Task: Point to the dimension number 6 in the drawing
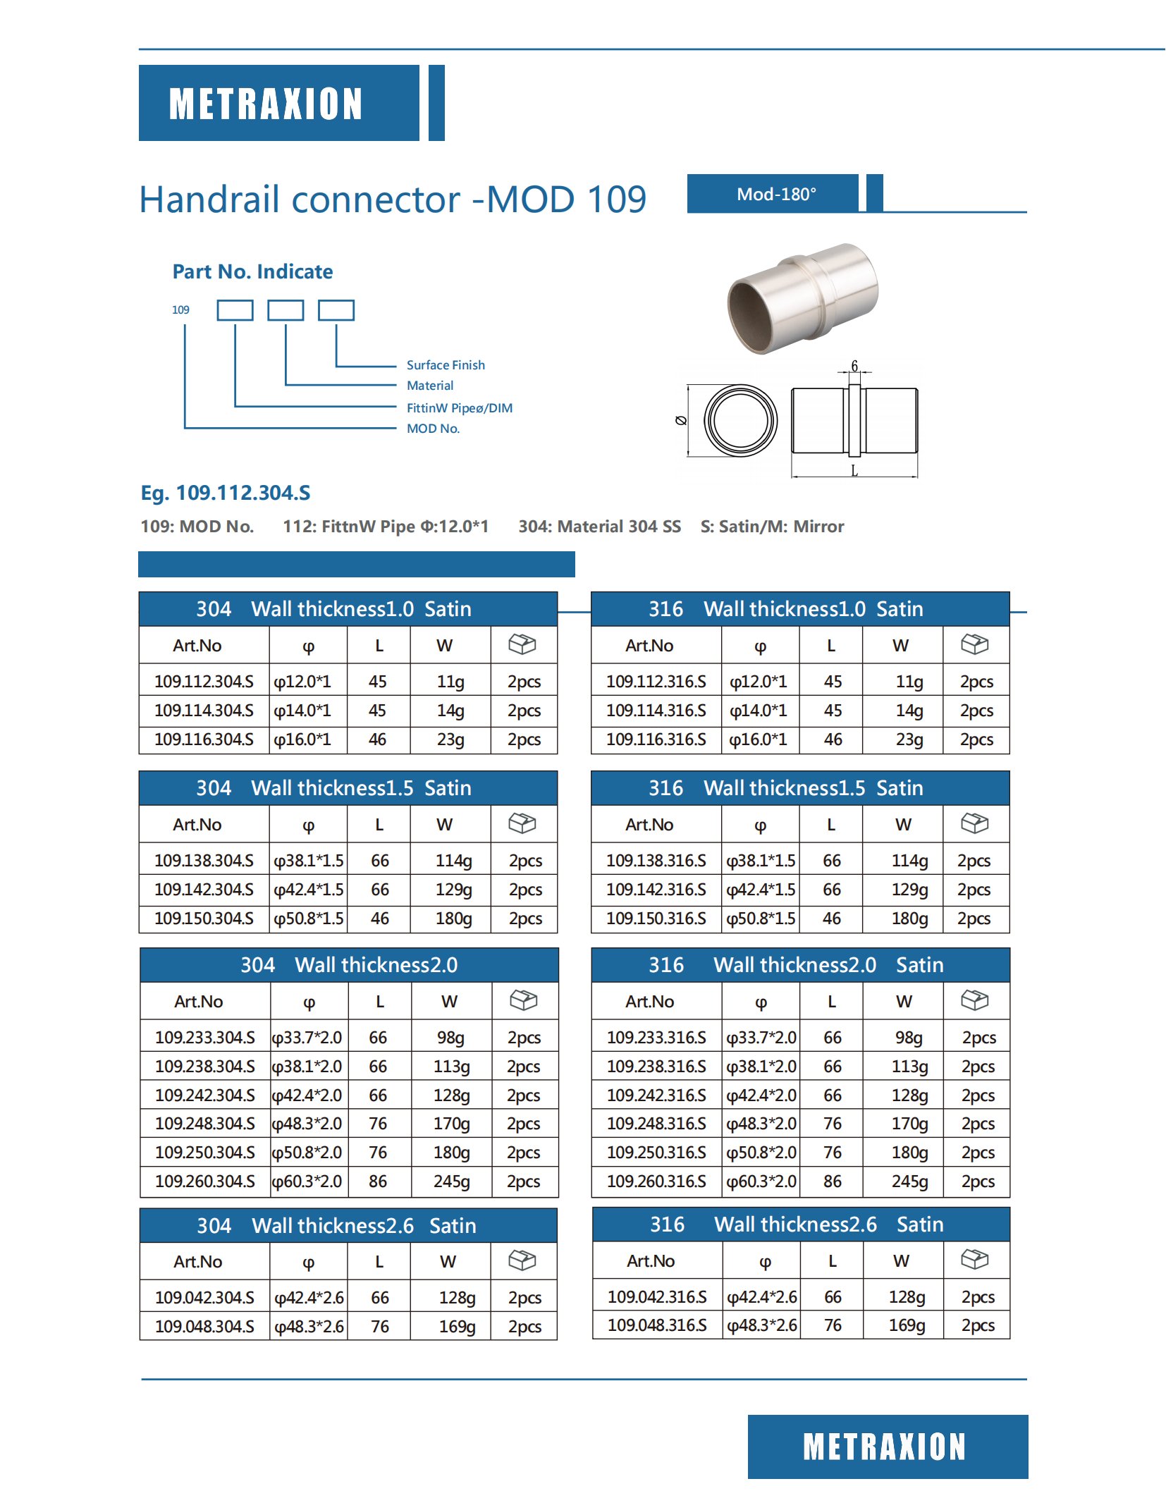(854, 366)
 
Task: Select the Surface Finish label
(446, 365)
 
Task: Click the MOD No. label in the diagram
(433, 429)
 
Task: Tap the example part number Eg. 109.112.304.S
(226, 493)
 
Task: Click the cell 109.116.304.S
(204, 739)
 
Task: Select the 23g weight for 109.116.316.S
(909, 739)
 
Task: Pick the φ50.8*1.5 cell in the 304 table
(309, 919)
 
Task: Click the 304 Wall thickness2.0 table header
(349, 964)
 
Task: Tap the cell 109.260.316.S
(656, 1181)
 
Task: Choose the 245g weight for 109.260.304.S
(451, 1181)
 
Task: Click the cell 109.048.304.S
(204, 1327)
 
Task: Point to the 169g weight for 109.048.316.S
(907, 1325)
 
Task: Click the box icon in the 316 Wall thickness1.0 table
(975, 644)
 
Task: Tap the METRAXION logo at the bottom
(886, 1447)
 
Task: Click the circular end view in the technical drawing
(740, 420)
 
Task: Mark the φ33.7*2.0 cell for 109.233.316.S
(761, 1038)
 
